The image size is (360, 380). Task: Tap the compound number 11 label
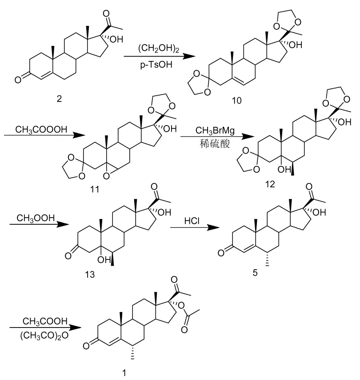(x=94, y=190)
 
